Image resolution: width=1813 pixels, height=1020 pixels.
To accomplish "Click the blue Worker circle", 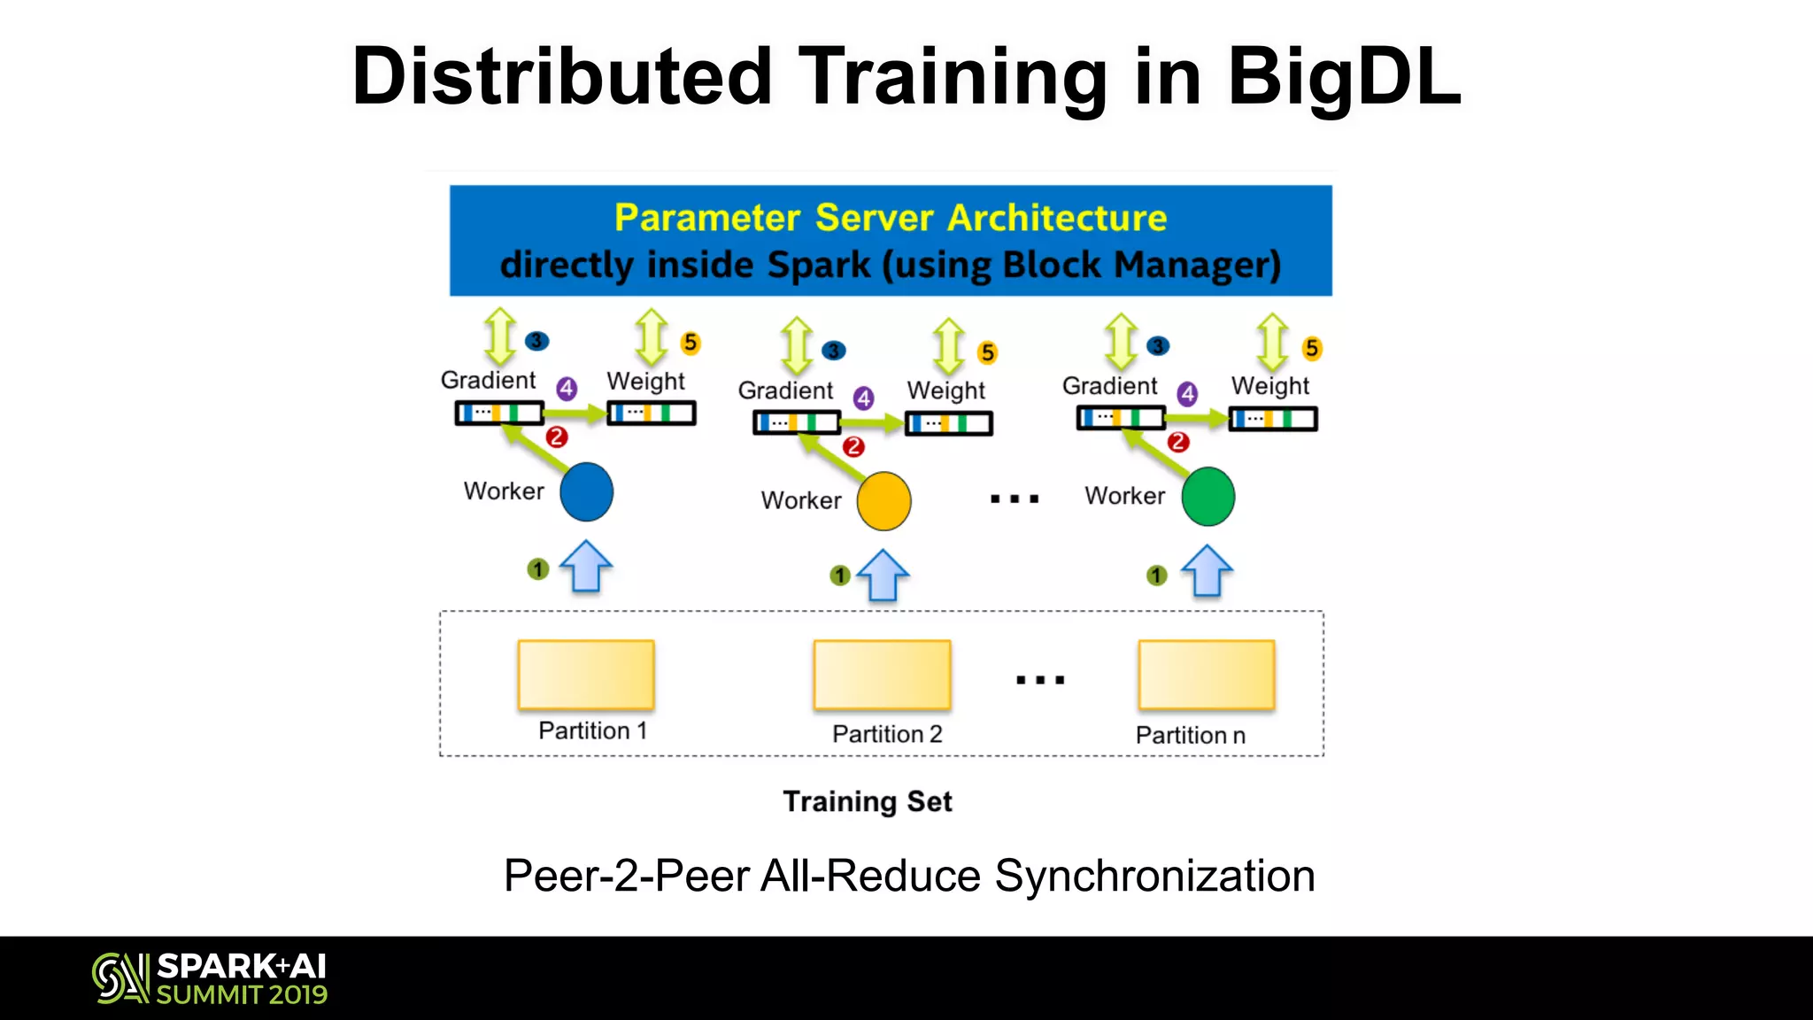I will coord(586,491).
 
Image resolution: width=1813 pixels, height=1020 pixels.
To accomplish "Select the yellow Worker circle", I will coord(883,501).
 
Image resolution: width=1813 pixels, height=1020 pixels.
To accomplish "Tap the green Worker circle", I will coord(1207,497).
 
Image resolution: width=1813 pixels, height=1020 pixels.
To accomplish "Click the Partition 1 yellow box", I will coord(586,675).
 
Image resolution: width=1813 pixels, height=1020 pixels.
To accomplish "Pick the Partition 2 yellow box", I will coord(883,675).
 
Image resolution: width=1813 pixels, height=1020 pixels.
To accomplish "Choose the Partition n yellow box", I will coord(1207,675).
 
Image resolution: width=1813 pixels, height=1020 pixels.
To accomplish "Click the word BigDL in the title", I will coord(1343,77).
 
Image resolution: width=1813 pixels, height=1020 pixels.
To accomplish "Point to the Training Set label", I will coord(868,801).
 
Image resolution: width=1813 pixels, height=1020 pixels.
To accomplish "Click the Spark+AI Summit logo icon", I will coord(120,977).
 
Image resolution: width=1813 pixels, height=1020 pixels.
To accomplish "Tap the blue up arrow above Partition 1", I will coord(586,567).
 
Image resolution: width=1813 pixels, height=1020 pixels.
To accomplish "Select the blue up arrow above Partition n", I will coord(1207,571).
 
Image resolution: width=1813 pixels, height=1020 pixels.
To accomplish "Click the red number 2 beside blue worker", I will coord(556,437).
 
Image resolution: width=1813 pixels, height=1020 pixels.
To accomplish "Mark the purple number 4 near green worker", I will coord(1187,394).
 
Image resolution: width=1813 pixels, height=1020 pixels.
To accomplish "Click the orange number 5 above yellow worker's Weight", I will coord(987,353).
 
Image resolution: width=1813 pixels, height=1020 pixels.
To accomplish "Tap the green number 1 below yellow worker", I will coord(839,576).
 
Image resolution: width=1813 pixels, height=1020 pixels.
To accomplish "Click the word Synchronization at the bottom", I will coord(1154,876).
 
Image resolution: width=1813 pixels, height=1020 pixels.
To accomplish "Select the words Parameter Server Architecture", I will coord(890,218).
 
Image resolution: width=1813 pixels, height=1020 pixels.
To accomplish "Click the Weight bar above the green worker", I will coord(1272,419).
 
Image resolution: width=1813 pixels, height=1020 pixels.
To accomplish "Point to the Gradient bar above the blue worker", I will coord(499,413).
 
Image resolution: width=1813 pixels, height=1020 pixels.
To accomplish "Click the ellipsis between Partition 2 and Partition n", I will coord(1040,680).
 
